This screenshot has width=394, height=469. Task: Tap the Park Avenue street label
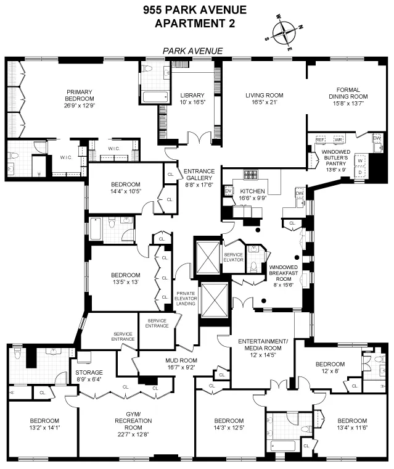192,51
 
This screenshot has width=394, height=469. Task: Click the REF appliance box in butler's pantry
319,140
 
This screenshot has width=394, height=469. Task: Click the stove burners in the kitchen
252,174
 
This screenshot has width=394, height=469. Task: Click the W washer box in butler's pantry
359,161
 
